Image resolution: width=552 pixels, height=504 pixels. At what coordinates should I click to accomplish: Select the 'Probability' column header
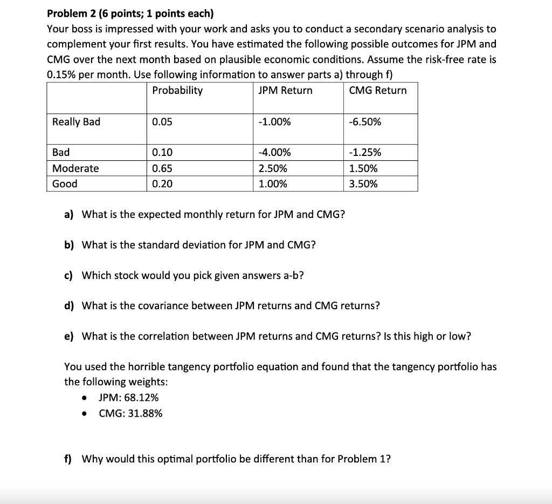coord(177,90)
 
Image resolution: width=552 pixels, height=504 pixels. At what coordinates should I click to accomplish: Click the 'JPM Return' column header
coord(285,90)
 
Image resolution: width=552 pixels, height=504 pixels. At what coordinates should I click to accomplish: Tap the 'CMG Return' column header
coord(378,90)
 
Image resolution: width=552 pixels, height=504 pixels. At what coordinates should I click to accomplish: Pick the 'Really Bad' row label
coord(76,121)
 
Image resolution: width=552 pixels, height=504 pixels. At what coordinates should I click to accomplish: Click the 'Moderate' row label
coord(75,168)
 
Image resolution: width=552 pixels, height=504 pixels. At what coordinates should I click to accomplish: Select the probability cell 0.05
coord(162,121)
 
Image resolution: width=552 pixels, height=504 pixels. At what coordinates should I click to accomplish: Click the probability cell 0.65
coord(162,168)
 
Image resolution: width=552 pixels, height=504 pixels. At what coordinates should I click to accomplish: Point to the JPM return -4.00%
coord(275,153)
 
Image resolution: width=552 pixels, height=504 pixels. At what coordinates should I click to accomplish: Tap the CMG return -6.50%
coord(365,121)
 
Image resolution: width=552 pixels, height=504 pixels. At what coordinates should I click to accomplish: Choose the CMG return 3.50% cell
coord(363,184)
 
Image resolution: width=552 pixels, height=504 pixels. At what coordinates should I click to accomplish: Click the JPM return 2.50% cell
coord(273,168)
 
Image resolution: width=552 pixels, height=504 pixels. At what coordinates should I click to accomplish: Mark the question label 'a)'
coord(69,215)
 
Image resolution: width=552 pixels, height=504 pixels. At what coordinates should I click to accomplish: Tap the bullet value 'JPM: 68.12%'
coord(129,398)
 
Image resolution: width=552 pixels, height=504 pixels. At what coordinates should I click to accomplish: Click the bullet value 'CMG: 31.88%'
coord(130,413)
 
